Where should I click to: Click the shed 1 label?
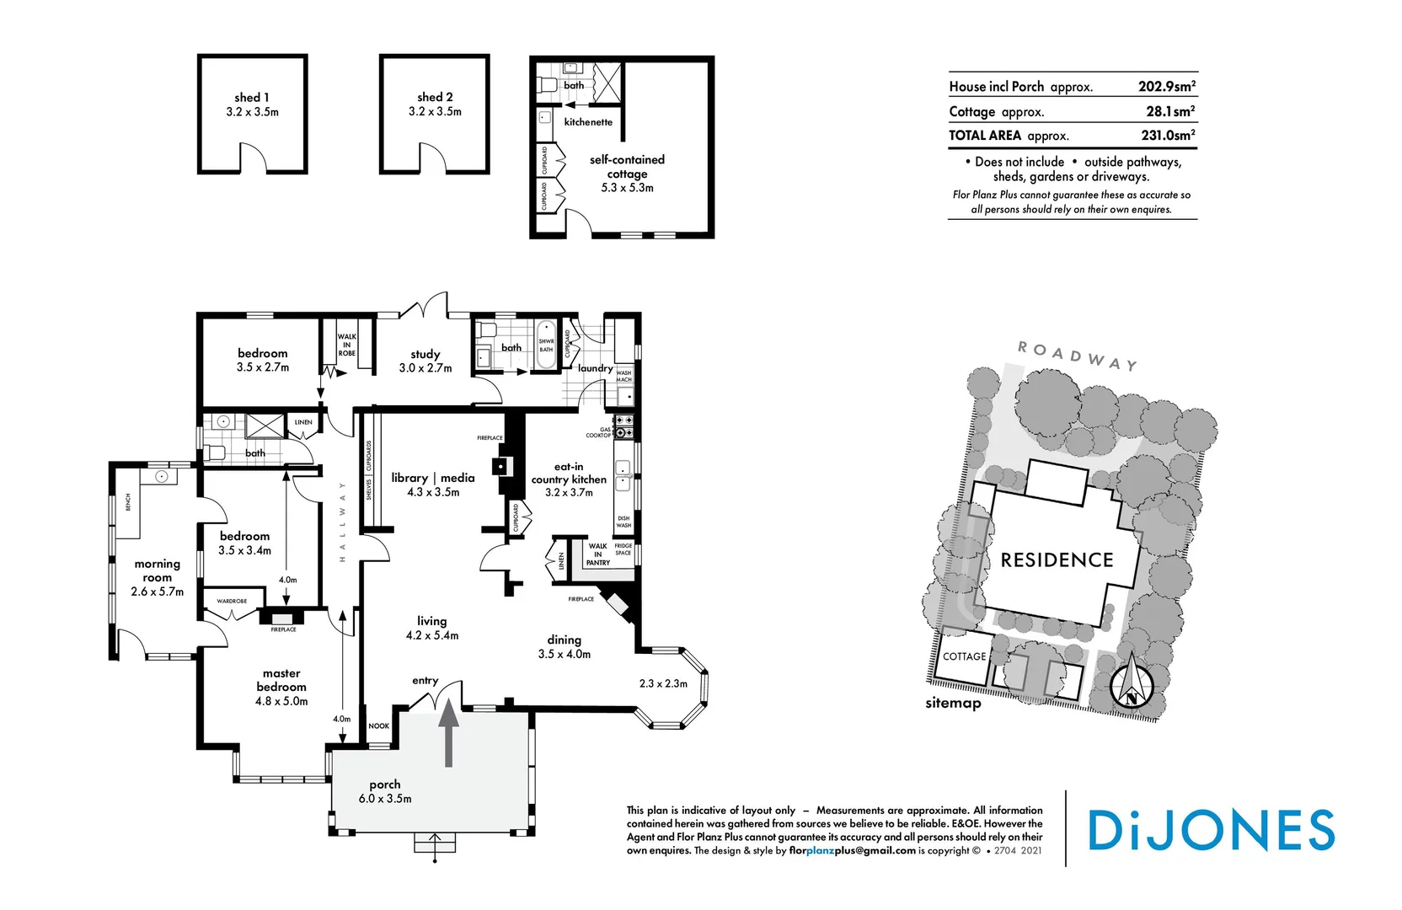[251, 98]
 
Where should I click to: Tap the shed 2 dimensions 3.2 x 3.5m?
[435, 111]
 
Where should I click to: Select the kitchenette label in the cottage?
[588, 122]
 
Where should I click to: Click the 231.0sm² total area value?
[1167, 135]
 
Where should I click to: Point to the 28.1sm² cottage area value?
[1169, 111]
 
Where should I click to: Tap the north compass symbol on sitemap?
[1130, 686]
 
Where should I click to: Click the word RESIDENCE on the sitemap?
[1057, 560]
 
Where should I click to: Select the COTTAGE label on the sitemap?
[964, 656]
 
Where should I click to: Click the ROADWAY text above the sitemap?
[1077, 356]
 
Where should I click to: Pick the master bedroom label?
[281, 680]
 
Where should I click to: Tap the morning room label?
[158, 570]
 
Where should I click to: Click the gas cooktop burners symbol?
[624, 426]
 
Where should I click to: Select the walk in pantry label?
[598, 554]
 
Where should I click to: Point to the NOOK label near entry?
[379, 725]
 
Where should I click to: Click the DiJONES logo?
[1211, 830]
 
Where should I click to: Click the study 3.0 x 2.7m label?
[425, 361]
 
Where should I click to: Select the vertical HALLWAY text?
[342, 522]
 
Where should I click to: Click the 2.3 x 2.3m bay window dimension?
[663, 683]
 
